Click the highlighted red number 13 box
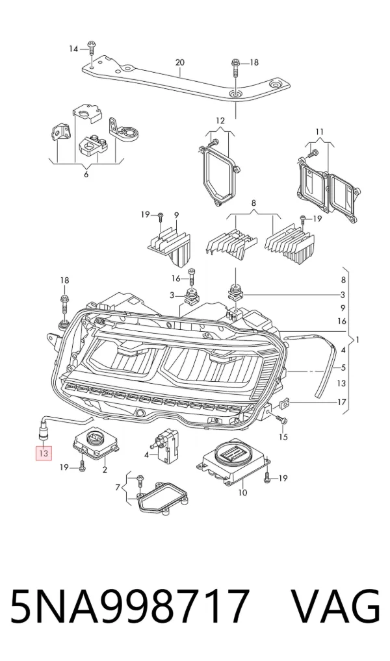tap(44, 453)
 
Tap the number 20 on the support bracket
tap(180, 62)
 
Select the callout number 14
tap(74, 49)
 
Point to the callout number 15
tap(283, 437)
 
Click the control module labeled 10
tap(233, 463)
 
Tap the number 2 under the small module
tap(104, 469)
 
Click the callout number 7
tap(118, 488)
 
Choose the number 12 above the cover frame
tap(220, 121)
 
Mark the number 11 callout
tap(320, 132)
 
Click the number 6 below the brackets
tap(86, 174)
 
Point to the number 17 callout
tap(342, 402)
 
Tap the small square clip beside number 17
tap(285, 404)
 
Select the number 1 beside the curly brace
tap(357, 340)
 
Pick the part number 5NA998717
tap(129, 606)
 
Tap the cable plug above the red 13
tap(43, 430)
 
